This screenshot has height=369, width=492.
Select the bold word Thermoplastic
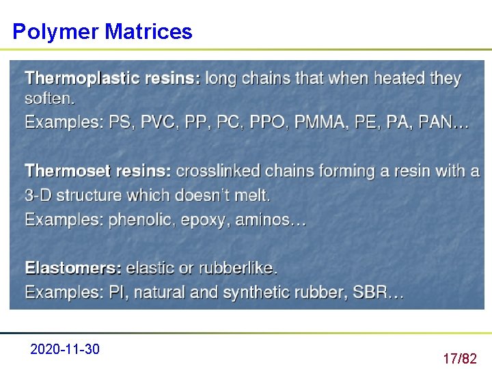(x=77, y=79)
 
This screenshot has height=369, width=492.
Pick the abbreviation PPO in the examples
(x=269, y=123)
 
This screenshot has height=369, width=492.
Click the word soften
(x=49, y=99)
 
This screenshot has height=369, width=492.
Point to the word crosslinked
(x=218, y=171)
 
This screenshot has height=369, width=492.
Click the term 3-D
(x=38, y=195)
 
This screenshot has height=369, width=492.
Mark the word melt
(x=252, y=195)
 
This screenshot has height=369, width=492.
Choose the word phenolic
(x=141, y=220)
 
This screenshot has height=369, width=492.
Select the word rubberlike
(x=238, y=268)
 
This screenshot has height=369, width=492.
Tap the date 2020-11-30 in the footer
(x=65, y=350)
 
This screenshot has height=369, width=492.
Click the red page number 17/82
(x=459, y=358)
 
